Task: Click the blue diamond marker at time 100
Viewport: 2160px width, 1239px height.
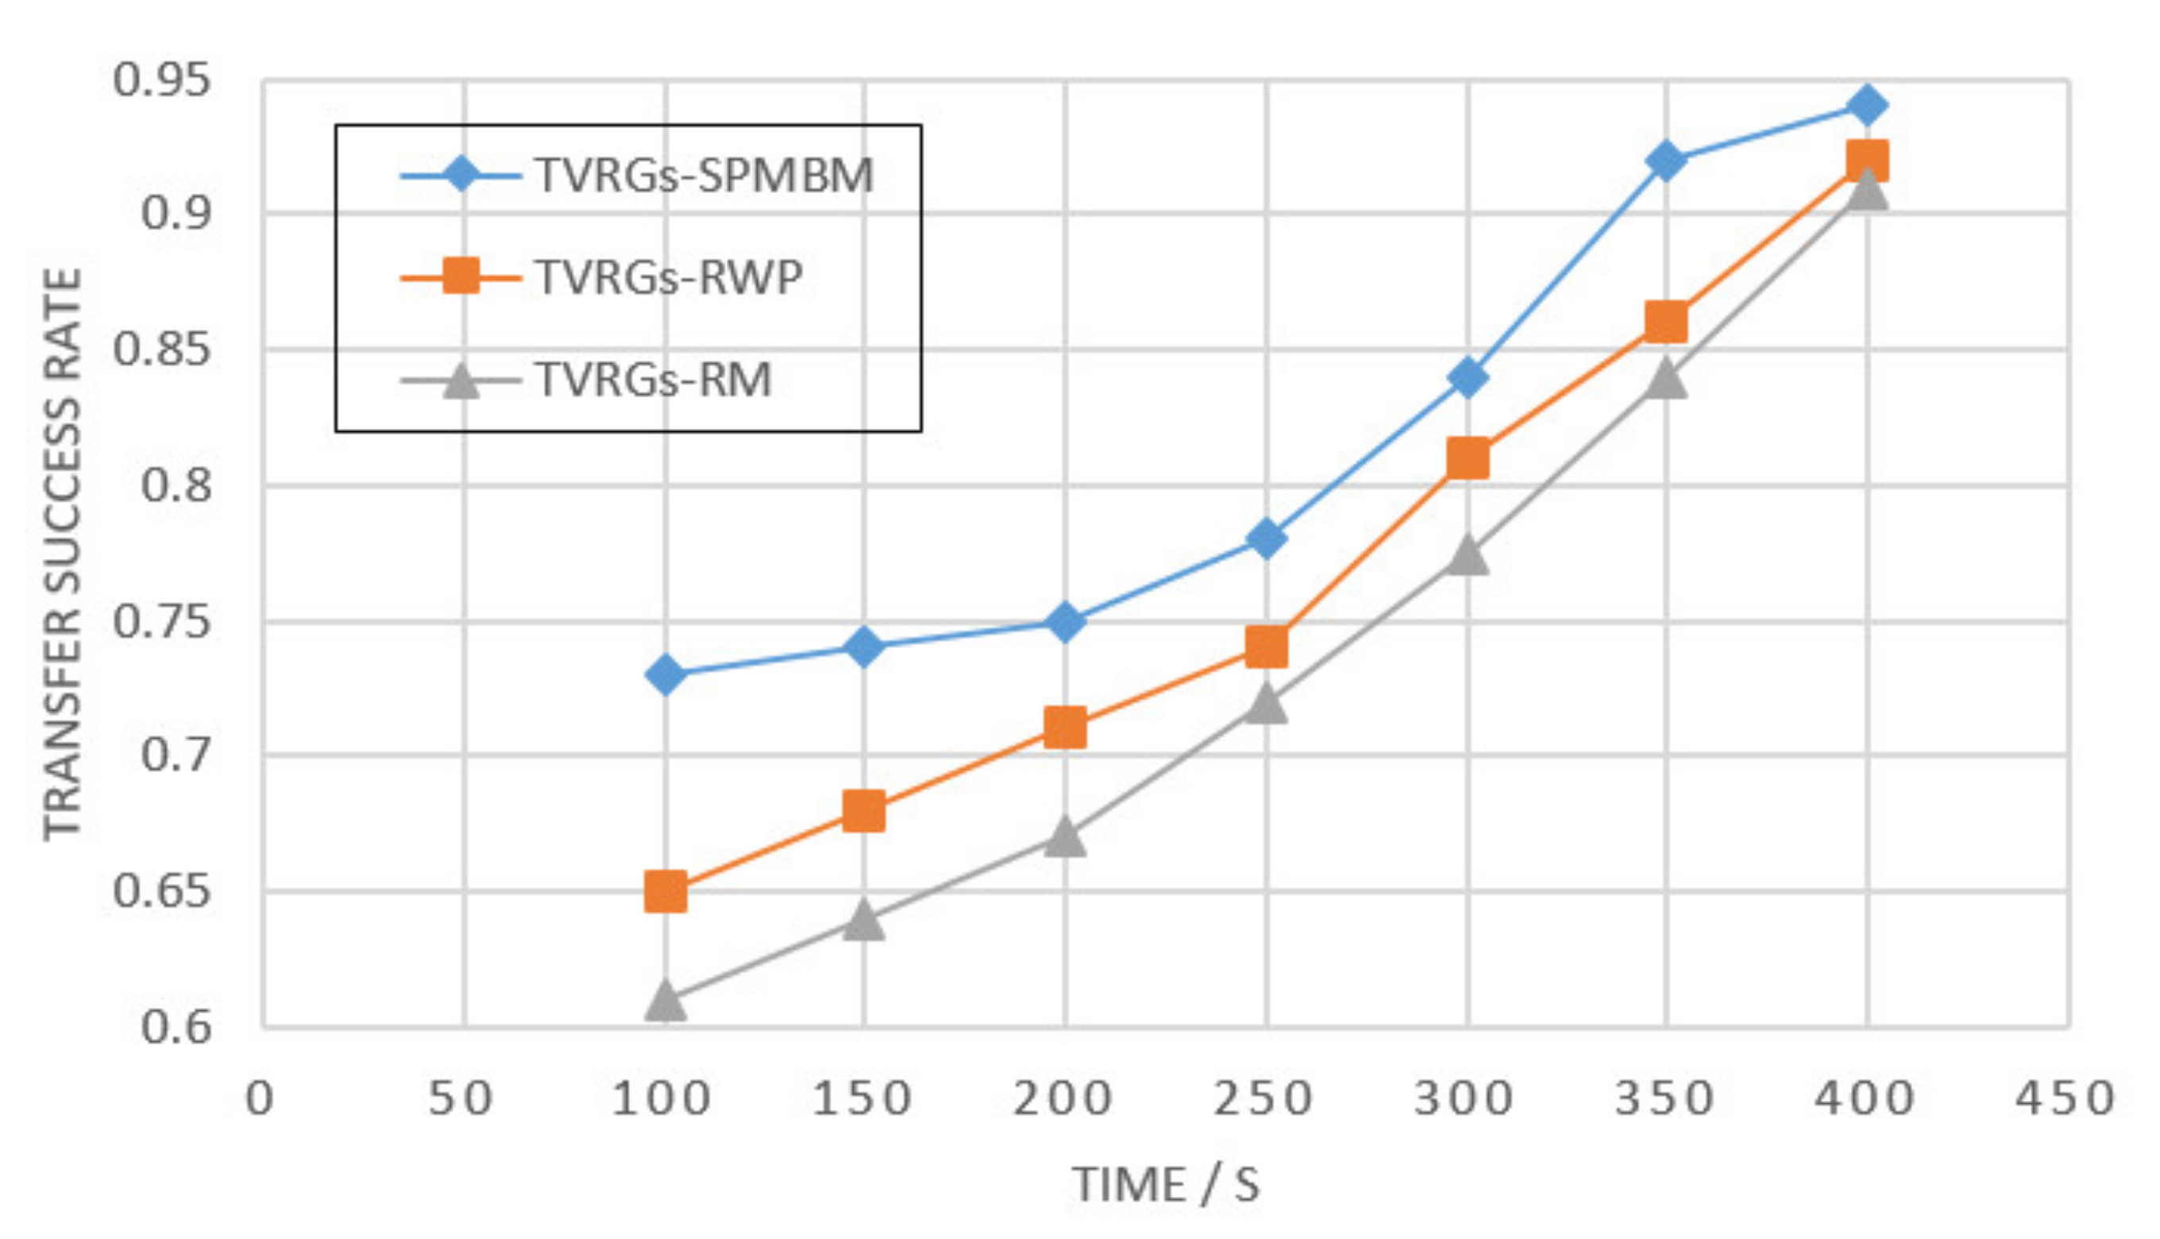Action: click(x=665, y=675)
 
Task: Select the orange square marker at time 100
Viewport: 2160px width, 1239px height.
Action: click(x=665, y=891)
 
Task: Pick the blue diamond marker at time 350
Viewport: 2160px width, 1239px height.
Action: click(x=1666, y=160)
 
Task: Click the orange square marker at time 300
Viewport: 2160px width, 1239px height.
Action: click(x=1468, y=459)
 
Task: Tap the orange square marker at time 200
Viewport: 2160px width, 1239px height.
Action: click(x=1064, y=728)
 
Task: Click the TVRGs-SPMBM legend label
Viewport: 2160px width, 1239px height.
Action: click(x=704, y=176)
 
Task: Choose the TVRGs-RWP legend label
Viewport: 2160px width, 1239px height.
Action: click(x=669, y=277)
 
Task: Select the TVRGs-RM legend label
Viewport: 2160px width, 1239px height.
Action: click(x=654, y=380)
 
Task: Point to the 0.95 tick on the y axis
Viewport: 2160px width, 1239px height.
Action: click(x=162, y=81)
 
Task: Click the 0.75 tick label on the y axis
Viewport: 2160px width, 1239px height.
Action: click(x=162, y=622)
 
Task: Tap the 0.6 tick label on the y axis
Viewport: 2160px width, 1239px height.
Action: click(x=175, y=1027)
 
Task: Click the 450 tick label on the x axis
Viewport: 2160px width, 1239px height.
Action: click(x=2065, y=1098)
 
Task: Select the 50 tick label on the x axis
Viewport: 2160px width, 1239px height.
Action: click(x=461, y=1098)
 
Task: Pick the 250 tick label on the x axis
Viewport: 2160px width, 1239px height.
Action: click(x=1263, y=1098)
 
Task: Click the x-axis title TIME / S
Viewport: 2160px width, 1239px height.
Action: click(x=1166, y=1185)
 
